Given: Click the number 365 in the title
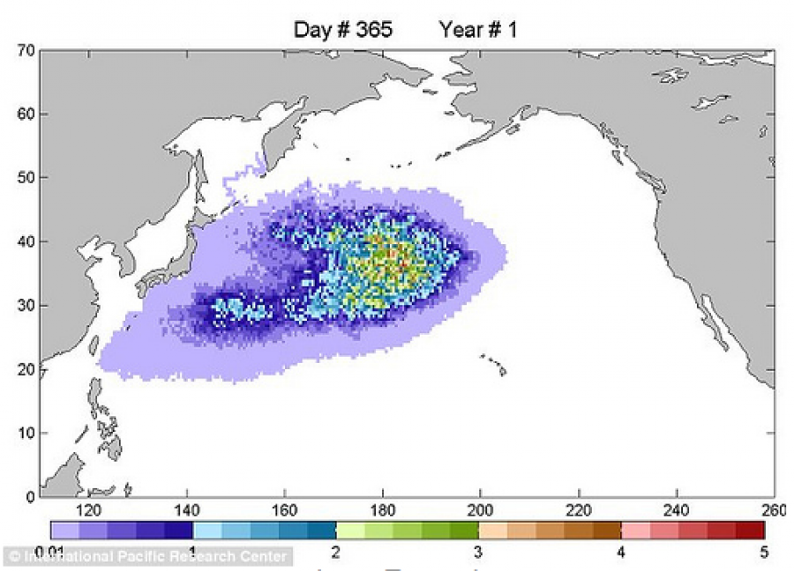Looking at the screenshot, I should point(373,30).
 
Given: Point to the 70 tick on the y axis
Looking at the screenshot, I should point(25,51).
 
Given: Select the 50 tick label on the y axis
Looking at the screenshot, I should point(25,178).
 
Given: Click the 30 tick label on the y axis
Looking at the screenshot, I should point(25,306).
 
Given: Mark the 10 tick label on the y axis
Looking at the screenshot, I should point(25,433).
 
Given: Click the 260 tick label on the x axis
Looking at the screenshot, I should point(774,510).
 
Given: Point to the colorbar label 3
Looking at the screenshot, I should point(477,552).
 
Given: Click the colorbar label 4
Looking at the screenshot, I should point(620,552).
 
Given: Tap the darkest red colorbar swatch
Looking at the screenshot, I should point(750,530).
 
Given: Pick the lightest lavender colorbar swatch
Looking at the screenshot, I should point(64,530).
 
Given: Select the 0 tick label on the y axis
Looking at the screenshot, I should point(29,496).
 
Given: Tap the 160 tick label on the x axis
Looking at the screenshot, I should point(285,510).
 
